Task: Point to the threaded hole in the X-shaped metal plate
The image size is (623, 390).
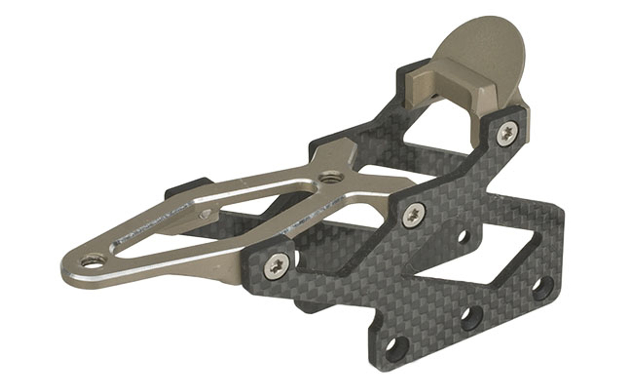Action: pyautogui.click(x=328, y=179)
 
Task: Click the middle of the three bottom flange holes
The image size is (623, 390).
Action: pyautogui.click(x=471, y=319)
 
